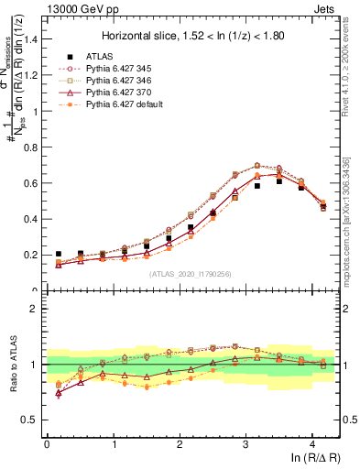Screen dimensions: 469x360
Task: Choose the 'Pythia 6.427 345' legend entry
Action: click(x=120, y=69)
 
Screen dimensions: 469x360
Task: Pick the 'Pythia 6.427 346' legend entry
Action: click(x=120, y=81)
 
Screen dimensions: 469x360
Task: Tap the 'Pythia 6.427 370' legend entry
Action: click(x=120, y=93)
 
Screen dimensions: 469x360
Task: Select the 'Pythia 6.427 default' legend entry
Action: click(x=125, y=104)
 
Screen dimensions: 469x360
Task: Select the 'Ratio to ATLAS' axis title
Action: click(x=12, y=365)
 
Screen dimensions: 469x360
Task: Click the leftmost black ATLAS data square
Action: click(x=59, y=254)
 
